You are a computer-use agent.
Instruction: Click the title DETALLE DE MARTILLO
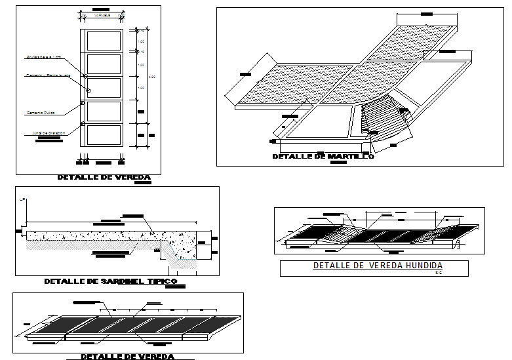point(323,157)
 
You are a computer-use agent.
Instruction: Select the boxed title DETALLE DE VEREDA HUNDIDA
point(378,266)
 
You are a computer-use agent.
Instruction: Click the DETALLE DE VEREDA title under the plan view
point(104,177)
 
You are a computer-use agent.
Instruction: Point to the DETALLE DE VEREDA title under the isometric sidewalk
point(127,357)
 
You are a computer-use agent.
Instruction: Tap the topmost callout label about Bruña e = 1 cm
point(44,57)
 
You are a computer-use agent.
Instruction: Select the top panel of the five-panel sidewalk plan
point(101,41)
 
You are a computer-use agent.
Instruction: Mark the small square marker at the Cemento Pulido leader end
point(82,103)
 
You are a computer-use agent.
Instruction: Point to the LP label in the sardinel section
point(22,199)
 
